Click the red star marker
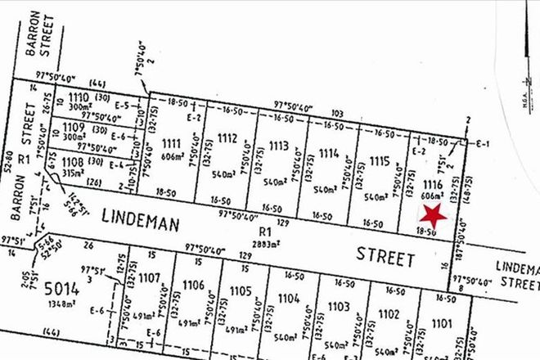click(x=433, y=216)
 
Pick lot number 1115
click(x=378, y=160)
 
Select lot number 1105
click(x=241, y=290)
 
